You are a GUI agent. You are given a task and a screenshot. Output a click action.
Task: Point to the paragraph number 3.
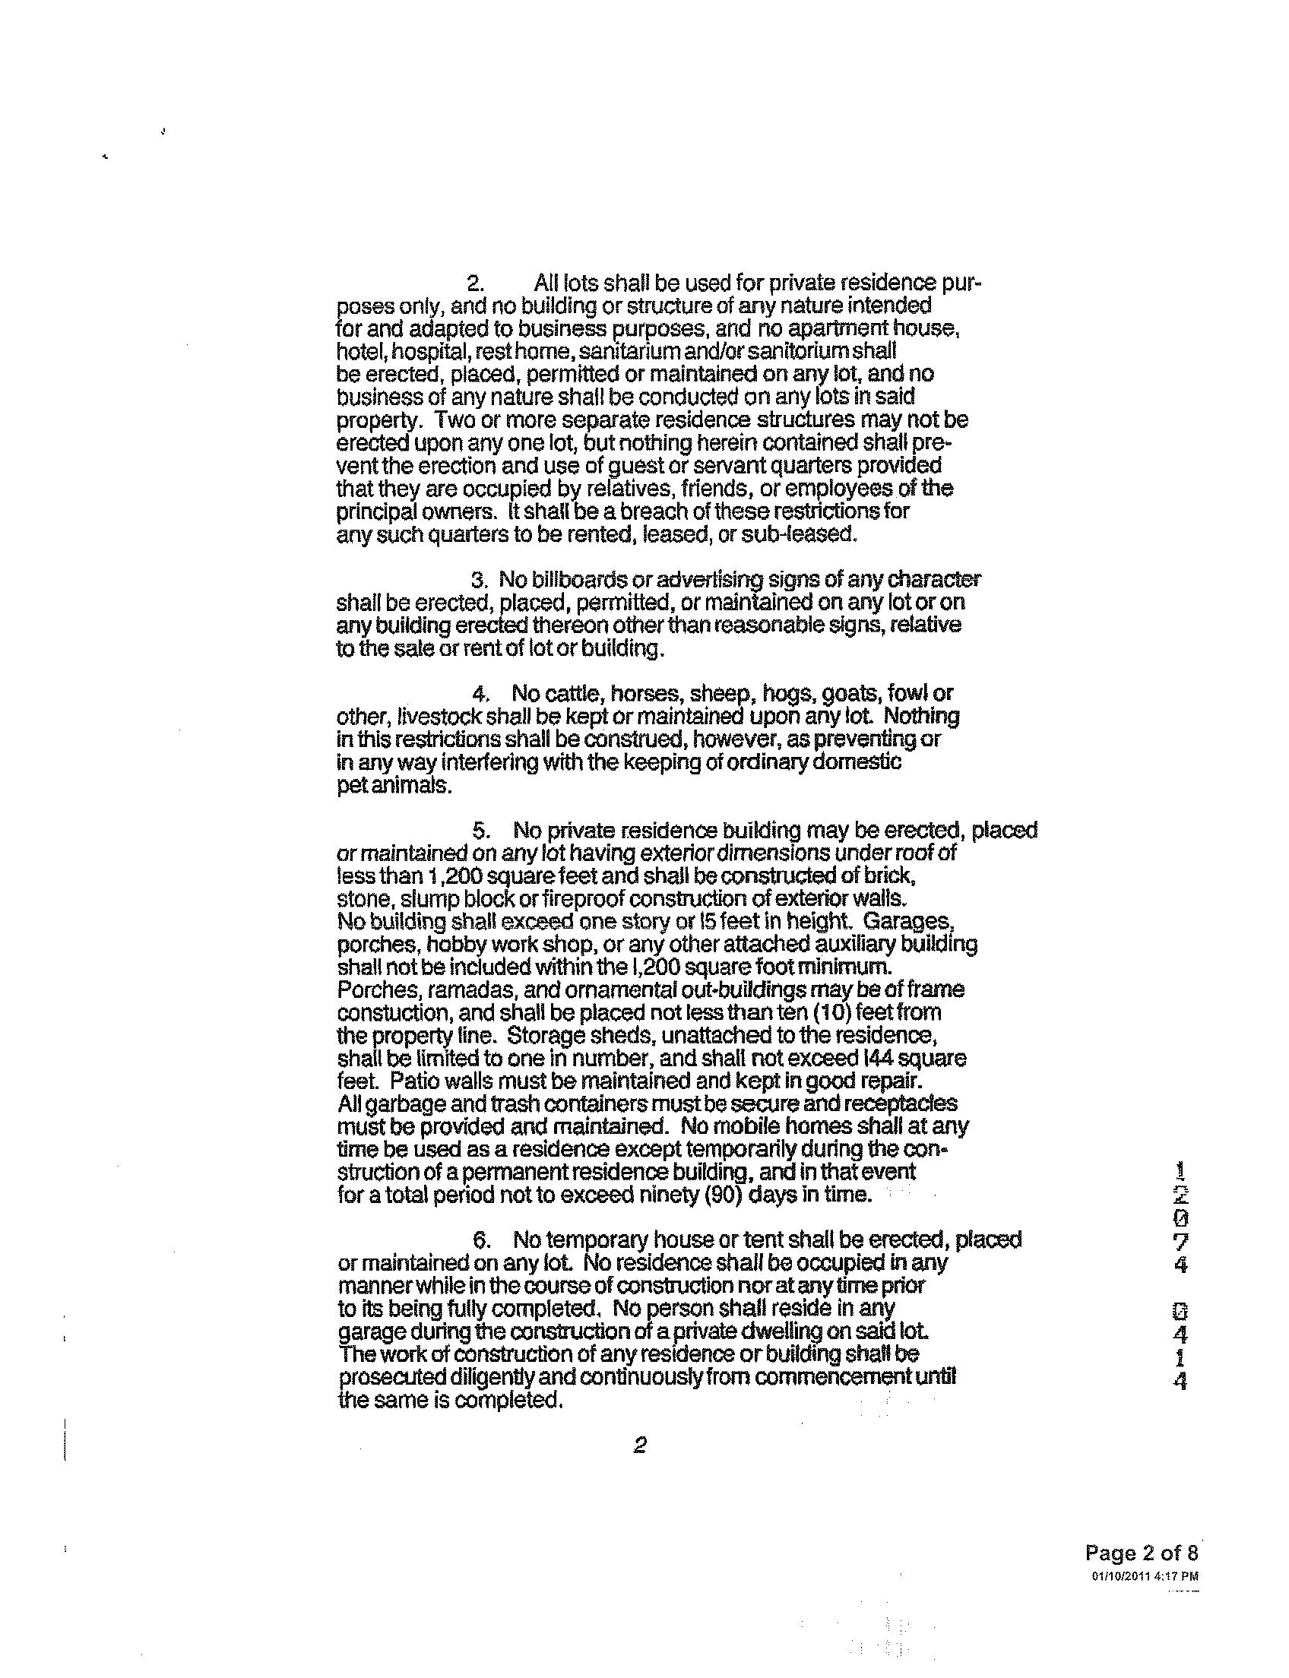click(x=480, y=580)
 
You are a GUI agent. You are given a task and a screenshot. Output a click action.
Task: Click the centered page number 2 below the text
click(x=639, y=1445)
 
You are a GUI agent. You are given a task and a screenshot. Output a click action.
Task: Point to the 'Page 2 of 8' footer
click(x=1141, y=1553)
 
